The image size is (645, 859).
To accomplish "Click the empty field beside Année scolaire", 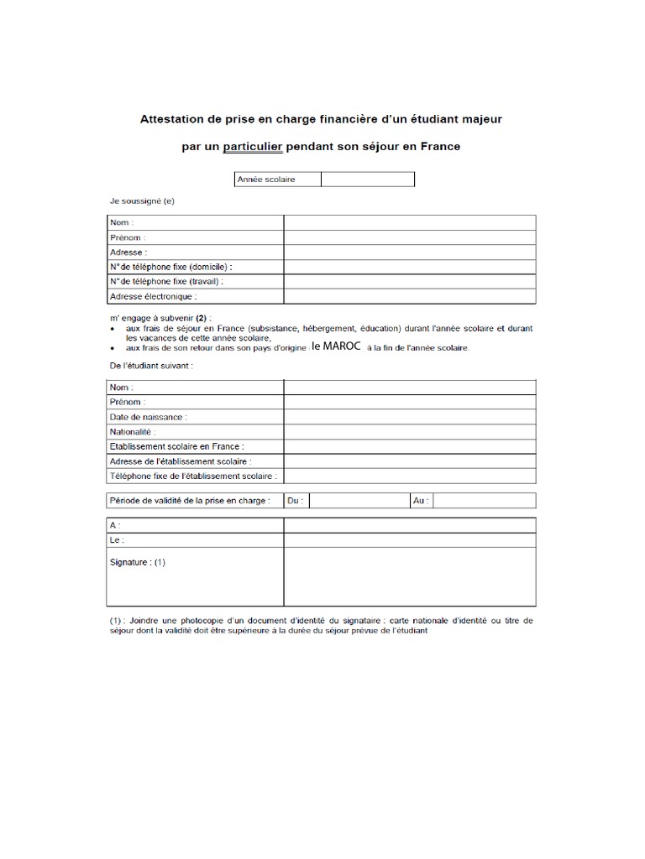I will point(367,180).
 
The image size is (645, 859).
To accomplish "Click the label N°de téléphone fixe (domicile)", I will point(170,266).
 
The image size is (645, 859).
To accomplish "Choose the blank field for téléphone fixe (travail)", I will point(409,281).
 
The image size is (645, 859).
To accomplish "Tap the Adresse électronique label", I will point(153,296).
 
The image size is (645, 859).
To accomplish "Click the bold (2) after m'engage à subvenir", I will point(201,319).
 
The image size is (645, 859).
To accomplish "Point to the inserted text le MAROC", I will point(335,346).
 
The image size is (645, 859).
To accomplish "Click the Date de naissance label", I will point(149,416).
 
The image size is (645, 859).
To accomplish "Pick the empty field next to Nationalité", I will point(409,431).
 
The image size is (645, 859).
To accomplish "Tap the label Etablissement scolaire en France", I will point(182,446).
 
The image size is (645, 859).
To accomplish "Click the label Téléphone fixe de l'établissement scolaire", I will point(193,476).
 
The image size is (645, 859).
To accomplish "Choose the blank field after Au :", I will point(485,501).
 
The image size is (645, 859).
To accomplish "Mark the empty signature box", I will point(409,576).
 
